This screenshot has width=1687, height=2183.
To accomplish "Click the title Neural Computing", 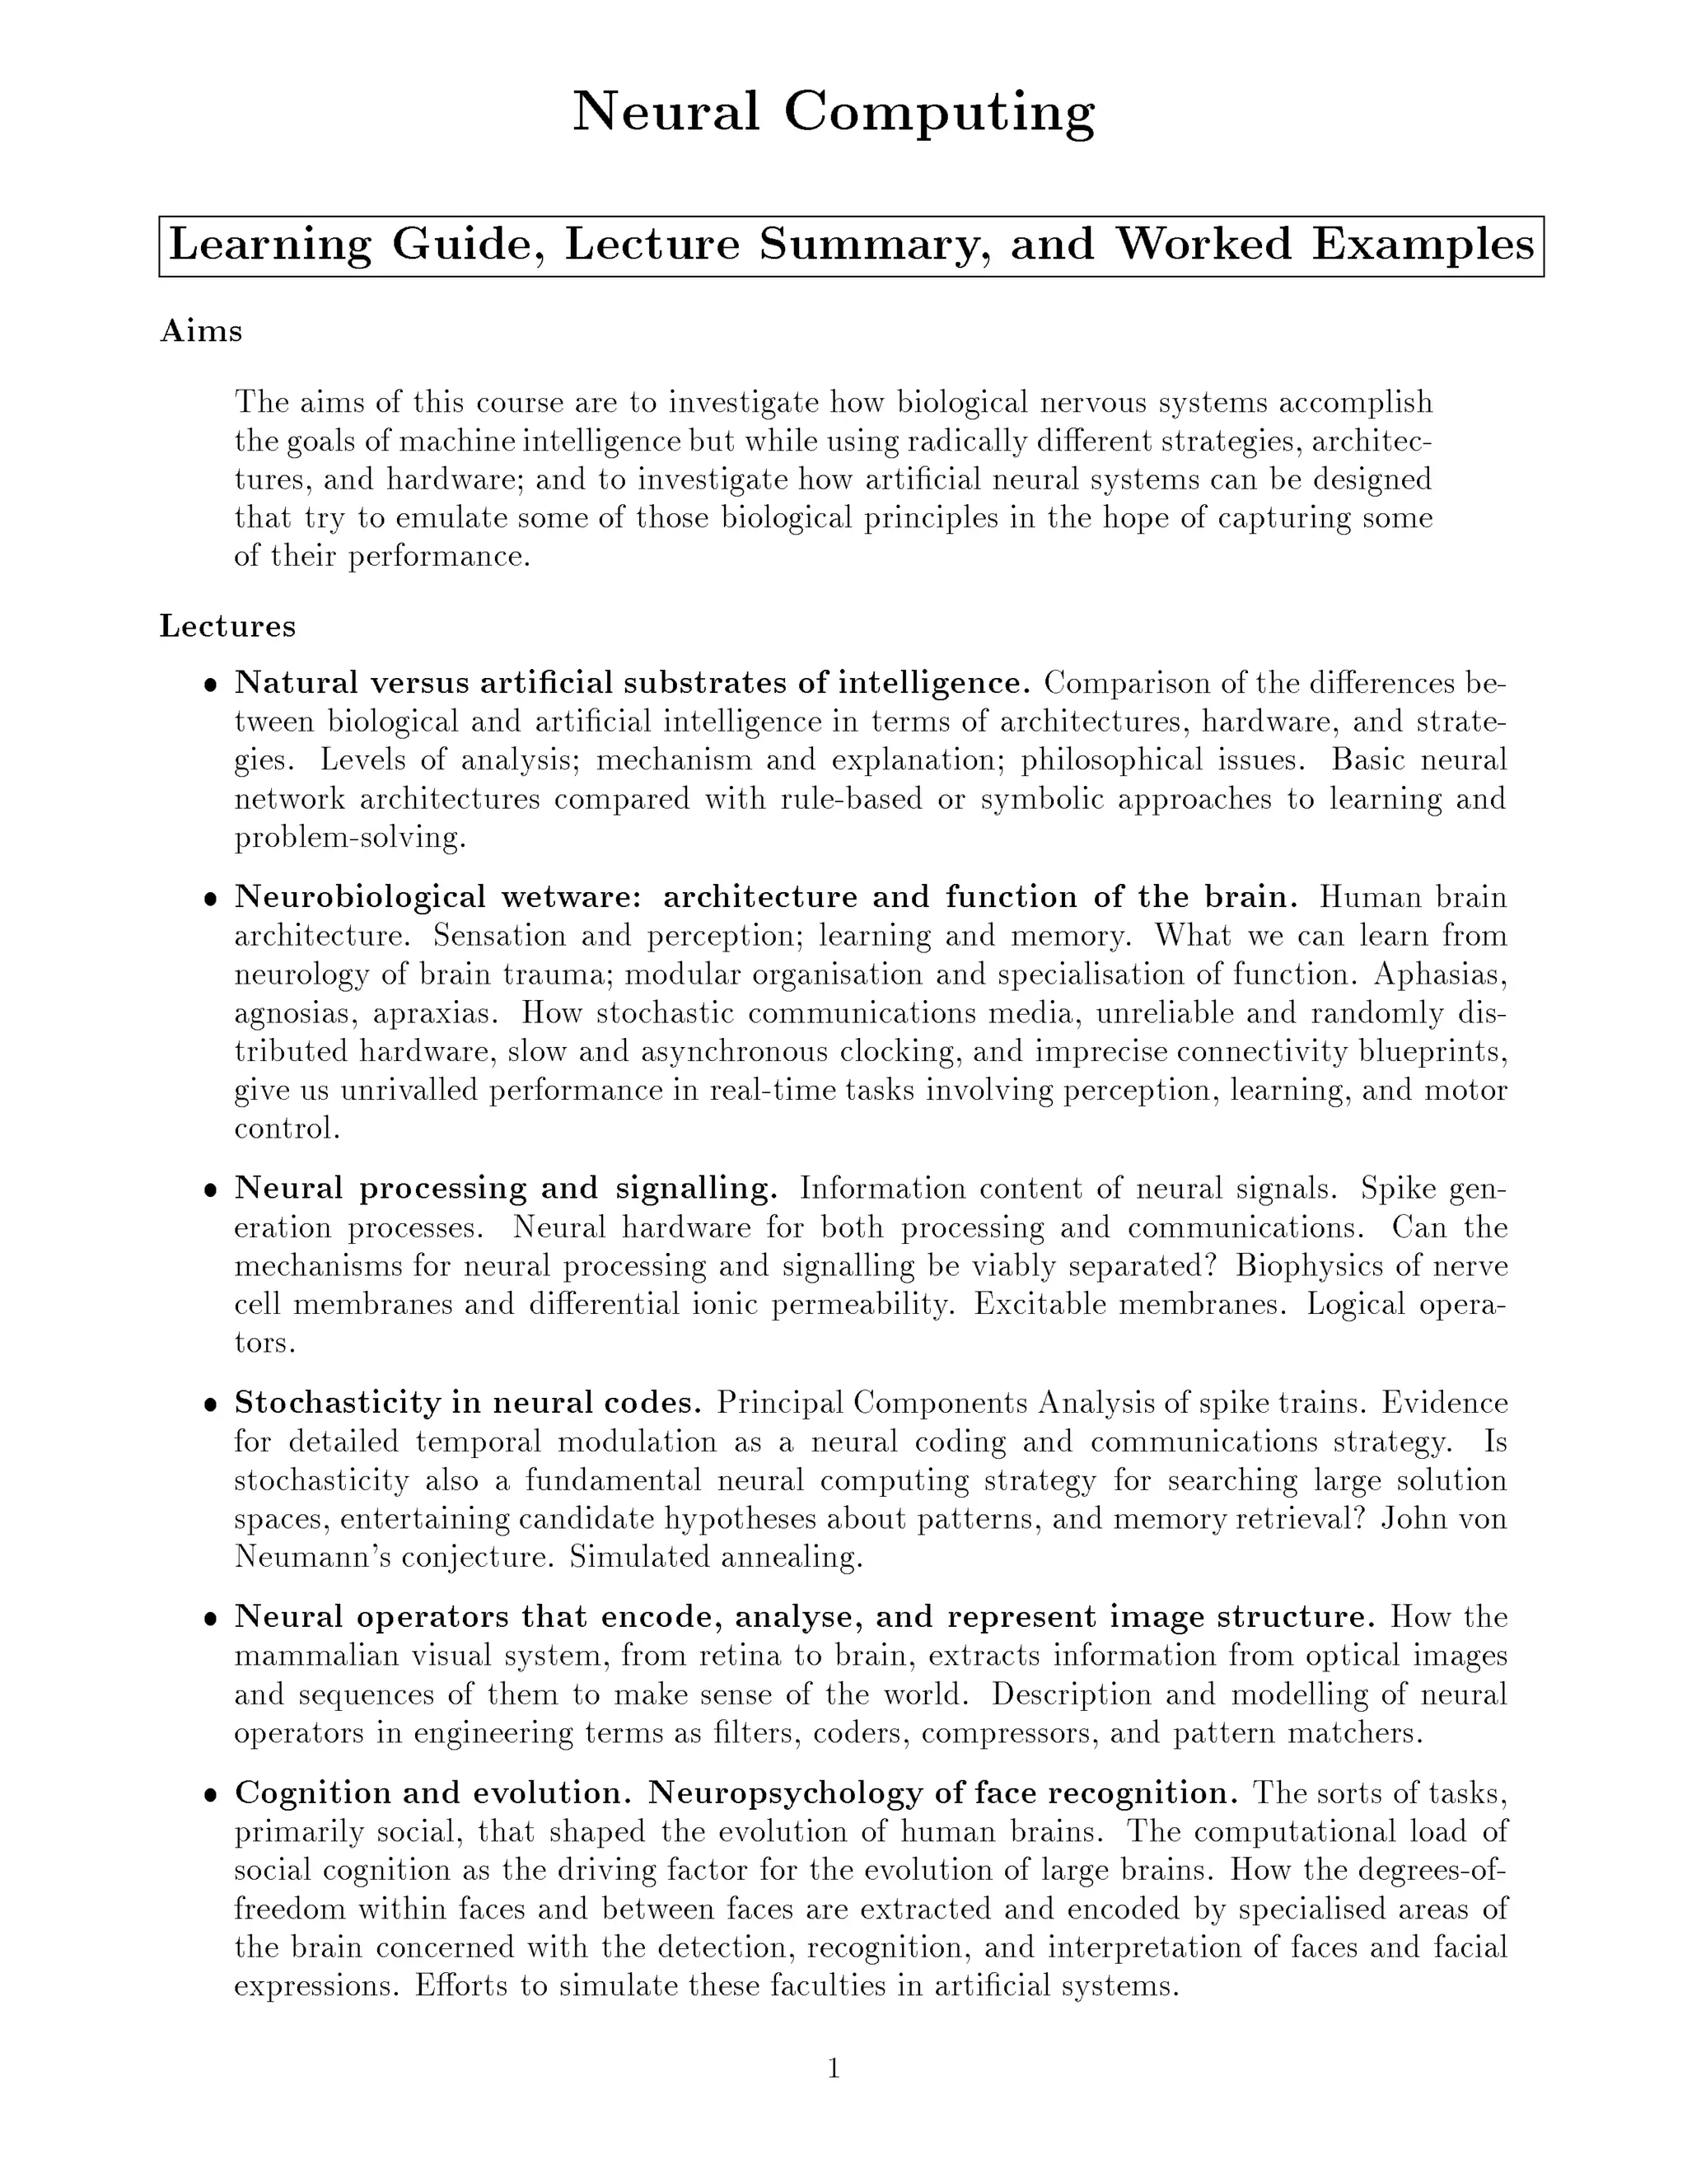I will pos(834,112).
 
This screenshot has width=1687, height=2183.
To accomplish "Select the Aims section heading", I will pos(201,331).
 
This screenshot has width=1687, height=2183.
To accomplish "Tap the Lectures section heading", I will pos(228,627).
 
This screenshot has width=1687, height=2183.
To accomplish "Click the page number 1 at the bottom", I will pos(834,2069).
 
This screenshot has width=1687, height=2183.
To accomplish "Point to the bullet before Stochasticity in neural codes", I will pos(210,1405).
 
